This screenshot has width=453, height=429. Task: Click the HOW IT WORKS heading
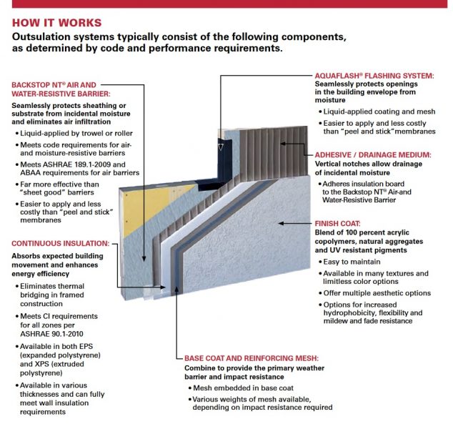[56, 22]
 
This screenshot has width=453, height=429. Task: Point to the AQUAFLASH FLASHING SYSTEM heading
[374, 75]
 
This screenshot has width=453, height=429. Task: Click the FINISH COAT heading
[337, 223]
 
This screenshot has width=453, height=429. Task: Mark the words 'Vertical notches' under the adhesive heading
[342, 164]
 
